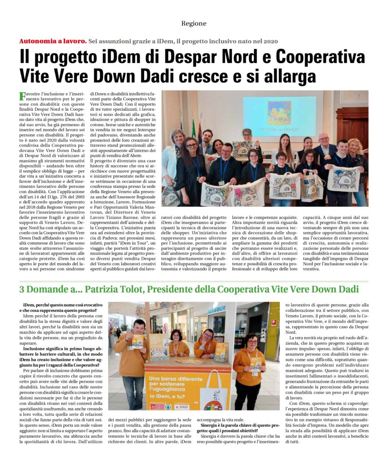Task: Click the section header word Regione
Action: tap(194, 24)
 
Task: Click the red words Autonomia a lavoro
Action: tap(53, 41)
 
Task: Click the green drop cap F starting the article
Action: tap(22, 96)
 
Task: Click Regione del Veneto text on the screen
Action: tap(279, 129)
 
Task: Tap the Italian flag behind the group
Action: tap(193, 128)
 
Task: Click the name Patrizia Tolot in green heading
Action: tap(111, 289)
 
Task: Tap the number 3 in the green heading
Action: tap(22, 289)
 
